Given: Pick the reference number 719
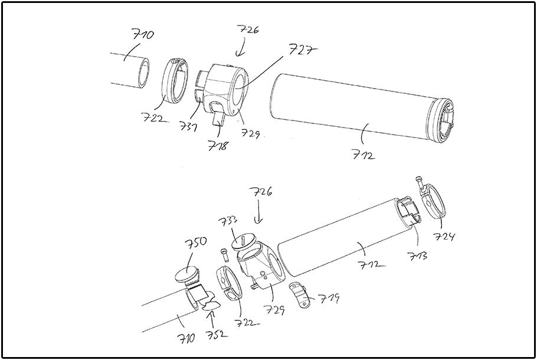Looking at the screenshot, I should click(x=330, y=299).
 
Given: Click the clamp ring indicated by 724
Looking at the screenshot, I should click(x=437, y=201).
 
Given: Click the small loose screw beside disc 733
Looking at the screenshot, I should click(x=224, y=254).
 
